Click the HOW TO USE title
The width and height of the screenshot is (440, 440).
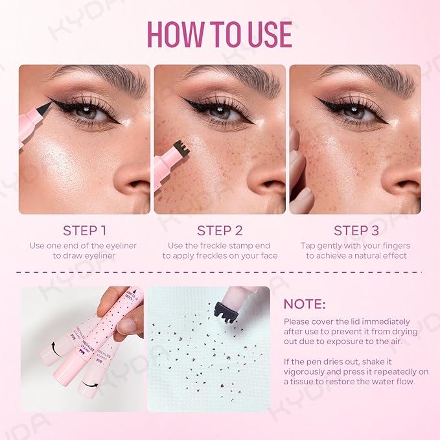pos(220,33)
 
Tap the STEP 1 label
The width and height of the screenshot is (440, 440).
pos(84,230)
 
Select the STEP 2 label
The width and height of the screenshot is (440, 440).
pos(220,230)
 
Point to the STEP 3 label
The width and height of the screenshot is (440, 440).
pos(355,230)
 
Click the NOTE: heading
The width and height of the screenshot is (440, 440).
pos(305,304)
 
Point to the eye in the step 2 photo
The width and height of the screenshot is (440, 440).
pos(220,111)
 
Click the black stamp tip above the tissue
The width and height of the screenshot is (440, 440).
pos(229,310)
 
